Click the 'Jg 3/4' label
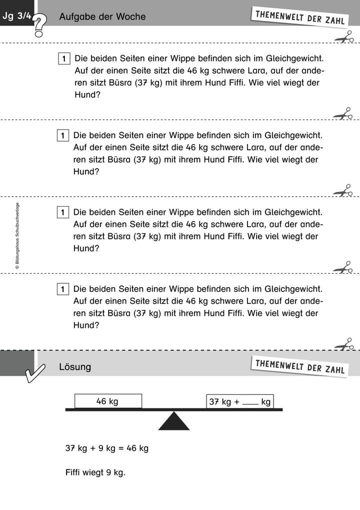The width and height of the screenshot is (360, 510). coord(17,16)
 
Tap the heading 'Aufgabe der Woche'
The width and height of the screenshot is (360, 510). coord(102,17)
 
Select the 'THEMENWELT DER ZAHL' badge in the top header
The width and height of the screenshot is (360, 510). coord(300,18)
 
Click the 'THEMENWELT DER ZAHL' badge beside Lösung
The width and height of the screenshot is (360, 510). coord(300,367)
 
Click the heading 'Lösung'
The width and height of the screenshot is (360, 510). coord(75,367)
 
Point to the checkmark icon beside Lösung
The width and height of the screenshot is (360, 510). coord(35,373)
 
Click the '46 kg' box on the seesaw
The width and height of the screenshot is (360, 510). coord(108,401)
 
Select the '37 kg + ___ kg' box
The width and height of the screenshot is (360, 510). coord(240,401)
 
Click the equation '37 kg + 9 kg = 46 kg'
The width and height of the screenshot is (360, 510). coord(107,448)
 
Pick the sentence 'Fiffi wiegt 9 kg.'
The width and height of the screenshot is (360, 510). coord(95,472)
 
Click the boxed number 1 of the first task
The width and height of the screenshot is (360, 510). coord(64,59)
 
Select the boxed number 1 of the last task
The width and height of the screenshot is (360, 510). coord(62,289)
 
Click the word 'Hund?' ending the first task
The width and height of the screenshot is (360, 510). coord(87,95)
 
